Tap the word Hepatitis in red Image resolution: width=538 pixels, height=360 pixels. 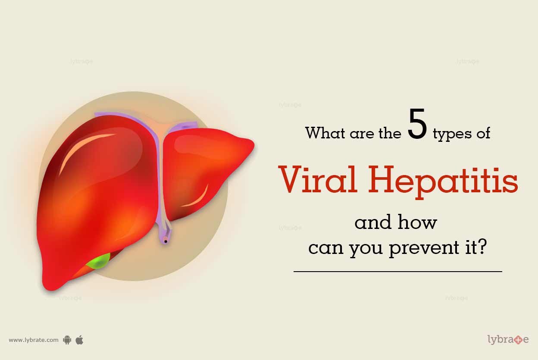tap(443, 182)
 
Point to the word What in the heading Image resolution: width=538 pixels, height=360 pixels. tap(325, 133)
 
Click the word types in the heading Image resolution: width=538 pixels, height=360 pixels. tap(452, 135)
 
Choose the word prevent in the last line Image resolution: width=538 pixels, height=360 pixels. tap(424, 249)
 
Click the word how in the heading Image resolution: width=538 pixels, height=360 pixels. tap(417, 222)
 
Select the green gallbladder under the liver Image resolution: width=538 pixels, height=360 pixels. tap(98, 262)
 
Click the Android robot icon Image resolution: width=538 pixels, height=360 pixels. tap(67, 340)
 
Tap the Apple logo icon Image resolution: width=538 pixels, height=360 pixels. tap(79, 340)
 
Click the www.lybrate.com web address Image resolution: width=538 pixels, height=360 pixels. tap(34, 340)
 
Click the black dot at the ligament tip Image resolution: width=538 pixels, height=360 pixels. tap(166, 241)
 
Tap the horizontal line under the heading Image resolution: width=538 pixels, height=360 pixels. tap(398, 272)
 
